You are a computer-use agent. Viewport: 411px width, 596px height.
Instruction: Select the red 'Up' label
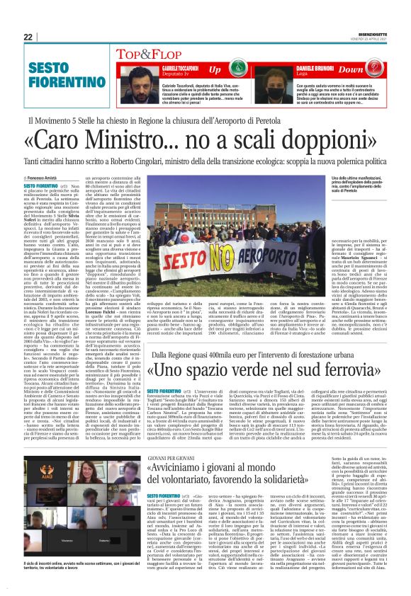(214, 69)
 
